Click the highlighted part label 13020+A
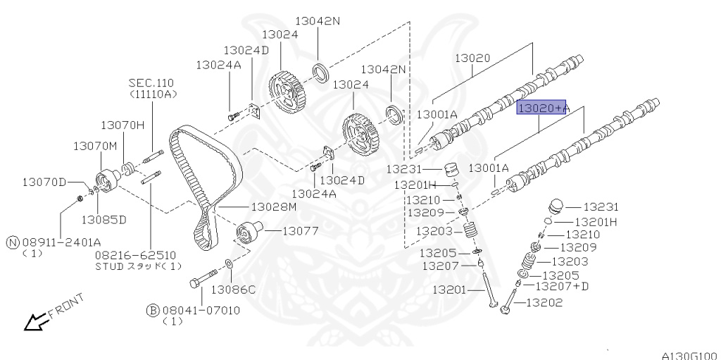click(541, 108)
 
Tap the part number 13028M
click(274, 207)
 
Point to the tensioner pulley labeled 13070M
click(107, 180)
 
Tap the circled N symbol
click(13, 242)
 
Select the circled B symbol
click(153, 310)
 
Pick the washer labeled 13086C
click(228, 263)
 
